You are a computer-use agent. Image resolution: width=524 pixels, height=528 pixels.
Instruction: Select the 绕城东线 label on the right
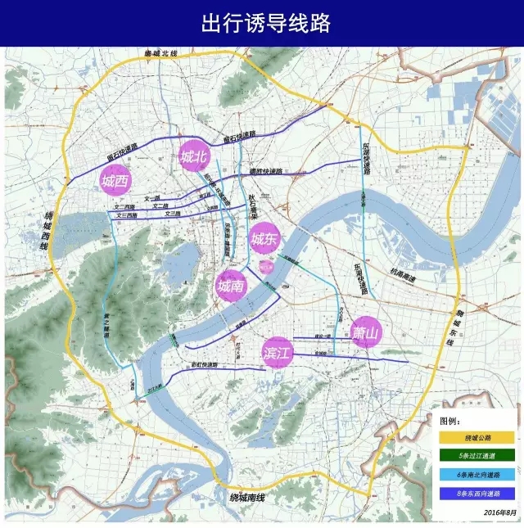point(460,321)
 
